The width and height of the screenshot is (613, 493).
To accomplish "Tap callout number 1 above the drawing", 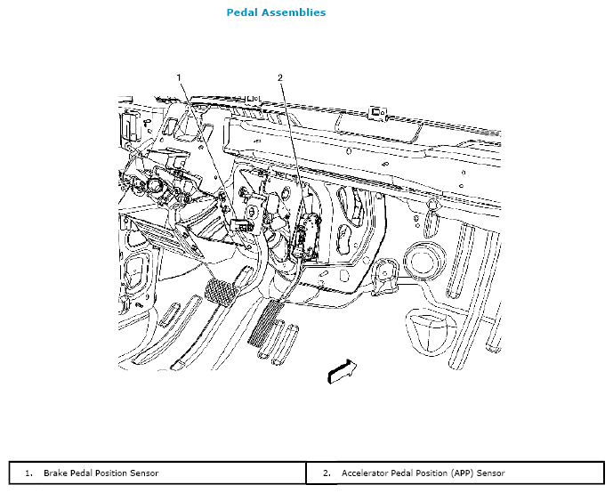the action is click(179, 77).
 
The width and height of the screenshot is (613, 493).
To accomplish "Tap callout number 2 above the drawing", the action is click(280, 77).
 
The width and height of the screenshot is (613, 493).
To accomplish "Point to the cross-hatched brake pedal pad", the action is click(221, 291).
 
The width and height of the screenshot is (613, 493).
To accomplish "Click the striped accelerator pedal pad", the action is click(265, 323).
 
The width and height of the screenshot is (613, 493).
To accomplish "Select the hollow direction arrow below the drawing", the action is click(342, 371).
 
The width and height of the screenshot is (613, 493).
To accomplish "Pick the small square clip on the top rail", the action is click(377, 113).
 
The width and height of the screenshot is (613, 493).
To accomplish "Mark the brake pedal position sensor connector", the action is click(242, 225).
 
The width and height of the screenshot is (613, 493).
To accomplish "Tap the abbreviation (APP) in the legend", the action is click(462, 473).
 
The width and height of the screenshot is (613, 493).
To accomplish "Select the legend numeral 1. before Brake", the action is click(28, 473).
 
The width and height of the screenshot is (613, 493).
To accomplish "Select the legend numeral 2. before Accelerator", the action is click(327, 473).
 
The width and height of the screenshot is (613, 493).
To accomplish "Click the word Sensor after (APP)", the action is click(490, 473).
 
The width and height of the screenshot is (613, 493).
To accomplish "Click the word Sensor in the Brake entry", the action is click(144, 473).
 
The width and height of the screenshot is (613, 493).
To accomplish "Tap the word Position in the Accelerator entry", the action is click(432, 473).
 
